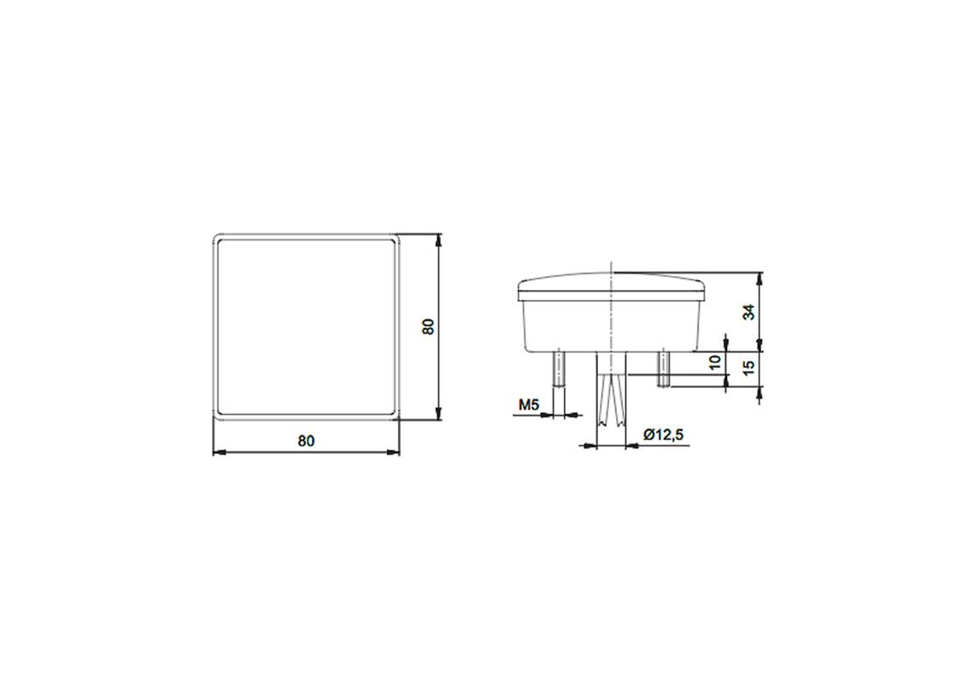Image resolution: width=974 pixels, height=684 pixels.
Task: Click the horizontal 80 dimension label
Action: (x=306, y=441)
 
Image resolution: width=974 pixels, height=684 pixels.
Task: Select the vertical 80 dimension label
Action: (x=428, y=327)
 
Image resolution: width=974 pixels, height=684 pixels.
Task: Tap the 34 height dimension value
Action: (x=749, y=312)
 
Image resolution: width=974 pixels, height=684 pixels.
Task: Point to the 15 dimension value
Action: (x=749, y=369)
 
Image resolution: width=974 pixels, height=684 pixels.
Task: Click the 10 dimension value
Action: (x=716, y=363)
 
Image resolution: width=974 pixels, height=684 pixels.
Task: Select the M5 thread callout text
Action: (x=528, y=404)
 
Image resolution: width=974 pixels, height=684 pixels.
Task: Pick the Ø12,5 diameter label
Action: (x=664, y=435)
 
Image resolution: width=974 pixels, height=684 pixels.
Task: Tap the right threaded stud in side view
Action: (x=663, y=367)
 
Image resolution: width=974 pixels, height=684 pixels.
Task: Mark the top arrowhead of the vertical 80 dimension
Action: (x=439, y=239)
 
